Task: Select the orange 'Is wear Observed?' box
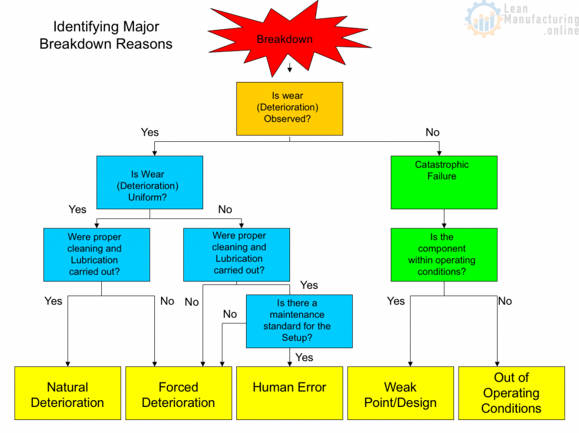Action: [289, 109]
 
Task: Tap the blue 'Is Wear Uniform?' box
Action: [150, 182]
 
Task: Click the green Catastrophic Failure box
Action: [444, 182]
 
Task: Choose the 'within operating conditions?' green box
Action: [444, 254]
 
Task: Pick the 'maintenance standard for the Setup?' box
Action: [299, 321]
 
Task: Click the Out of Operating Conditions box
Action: [511, 393]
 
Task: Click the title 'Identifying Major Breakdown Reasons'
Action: [106, 35]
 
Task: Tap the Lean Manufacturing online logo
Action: [521, 20]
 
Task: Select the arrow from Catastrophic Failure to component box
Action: [444, 219]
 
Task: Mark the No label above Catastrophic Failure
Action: [433, 132]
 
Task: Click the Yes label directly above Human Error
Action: [304, 357]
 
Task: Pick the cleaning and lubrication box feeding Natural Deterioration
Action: [97, 254]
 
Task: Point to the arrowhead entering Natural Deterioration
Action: [68, 363]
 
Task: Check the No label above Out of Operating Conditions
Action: [505, 301]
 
